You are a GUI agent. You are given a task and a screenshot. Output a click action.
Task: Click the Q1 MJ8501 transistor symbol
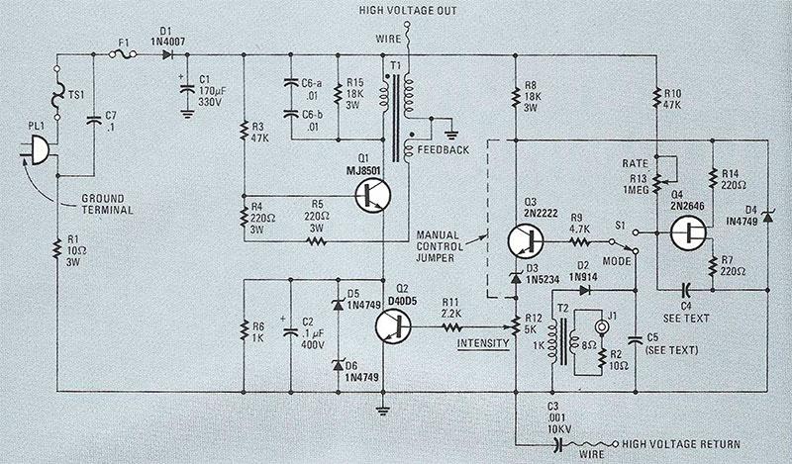click(377, 197)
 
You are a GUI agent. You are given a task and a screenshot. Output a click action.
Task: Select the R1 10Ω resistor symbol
click(55, 246)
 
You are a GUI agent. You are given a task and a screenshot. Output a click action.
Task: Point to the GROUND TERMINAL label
click(117, 203)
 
